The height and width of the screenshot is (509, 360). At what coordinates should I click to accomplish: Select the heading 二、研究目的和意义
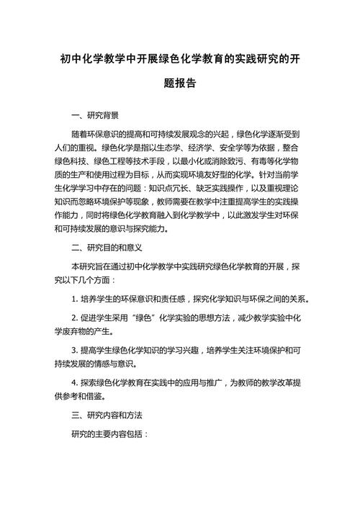point(109,248)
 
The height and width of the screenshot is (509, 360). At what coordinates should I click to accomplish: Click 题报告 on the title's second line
point(180,84)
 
